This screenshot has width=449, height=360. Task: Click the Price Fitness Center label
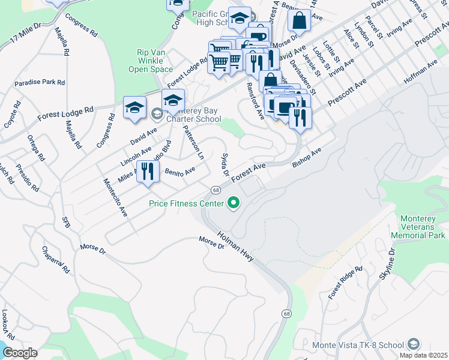(x=186, y=204)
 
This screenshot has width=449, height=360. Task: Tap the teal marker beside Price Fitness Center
(x=233, y=204)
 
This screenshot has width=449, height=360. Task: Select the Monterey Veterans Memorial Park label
(x=418, y=227)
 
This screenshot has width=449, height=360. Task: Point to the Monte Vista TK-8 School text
(x=358, y=345)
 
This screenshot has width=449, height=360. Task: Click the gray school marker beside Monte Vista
(x=413, y=344)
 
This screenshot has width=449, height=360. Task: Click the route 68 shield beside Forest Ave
(x=215, y=190)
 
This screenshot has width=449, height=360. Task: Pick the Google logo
(x=20, y=353)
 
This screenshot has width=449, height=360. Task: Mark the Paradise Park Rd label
(x=40, y=82)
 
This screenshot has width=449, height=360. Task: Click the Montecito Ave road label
(x=115, y=197)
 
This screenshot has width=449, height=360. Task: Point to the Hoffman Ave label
(x=420, y=71)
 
